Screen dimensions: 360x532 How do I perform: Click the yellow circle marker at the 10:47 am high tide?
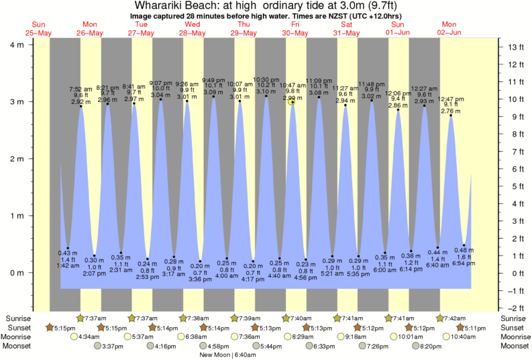tap(292, 102)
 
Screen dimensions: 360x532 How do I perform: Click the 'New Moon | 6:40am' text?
tap(227, 355)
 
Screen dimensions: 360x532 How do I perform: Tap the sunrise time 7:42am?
tap(453, 318)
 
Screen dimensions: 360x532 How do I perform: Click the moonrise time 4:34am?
tap(90, 337)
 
